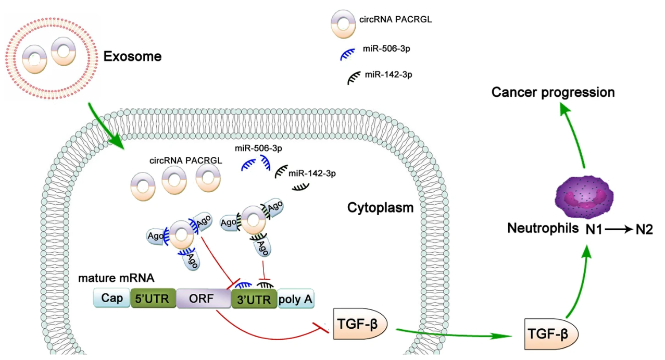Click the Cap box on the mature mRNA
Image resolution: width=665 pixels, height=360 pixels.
[x=112, y=298]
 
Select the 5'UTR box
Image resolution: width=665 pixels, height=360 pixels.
[x=153, y=298]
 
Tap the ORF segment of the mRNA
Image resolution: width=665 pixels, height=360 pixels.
[x=204, y=299]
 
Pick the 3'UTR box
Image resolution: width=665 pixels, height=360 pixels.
[x=254, y=300]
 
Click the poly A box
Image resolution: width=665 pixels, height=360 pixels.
[x=296, y=299]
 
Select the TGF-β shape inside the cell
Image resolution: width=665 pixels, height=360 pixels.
[x=360, y=324]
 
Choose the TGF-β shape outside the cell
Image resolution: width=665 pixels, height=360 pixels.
[x=551, y=334]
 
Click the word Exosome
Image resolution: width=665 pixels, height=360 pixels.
[x=132, y=56]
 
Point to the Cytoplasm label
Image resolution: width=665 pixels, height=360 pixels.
[x=380, y=208]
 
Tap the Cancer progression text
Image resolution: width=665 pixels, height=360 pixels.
[x=553, y=92]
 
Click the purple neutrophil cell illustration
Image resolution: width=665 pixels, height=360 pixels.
[x=584, y=197]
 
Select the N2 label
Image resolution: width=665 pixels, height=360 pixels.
[x=644, y=230]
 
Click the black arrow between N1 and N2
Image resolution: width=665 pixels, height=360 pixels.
[x=619, y=229]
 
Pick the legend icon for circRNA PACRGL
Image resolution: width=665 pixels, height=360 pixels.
[x=343, y=24]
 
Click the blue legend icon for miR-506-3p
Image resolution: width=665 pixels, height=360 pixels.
[x=347, y=54]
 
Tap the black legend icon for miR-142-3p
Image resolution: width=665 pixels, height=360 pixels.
[x=354, y=78]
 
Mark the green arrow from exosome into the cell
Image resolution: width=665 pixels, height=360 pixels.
[x=106, y=126]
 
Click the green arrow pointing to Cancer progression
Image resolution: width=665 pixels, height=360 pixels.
[x=573, y=135]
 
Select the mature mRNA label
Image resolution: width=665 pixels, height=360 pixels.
[x=116, y=278]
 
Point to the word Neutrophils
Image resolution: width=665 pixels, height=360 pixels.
[x=543, y=228]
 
